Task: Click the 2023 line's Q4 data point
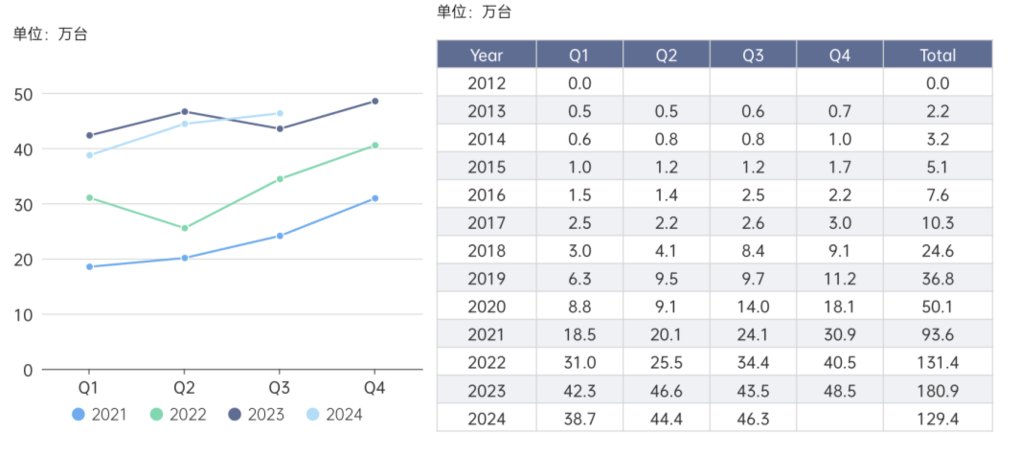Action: [375, 101]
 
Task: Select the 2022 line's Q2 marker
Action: [185, 228]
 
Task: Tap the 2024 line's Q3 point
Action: [280, 114]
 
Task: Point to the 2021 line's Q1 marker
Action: [90, 267]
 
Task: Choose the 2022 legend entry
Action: [178, 414]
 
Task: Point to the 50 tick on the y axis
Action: [23, 95]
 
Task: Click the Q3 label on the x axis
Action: [279, 388]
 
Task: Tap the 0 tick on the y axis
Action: [28, 370]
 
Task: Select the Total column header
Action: [937, 55]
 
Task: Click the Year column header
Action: [486, 55]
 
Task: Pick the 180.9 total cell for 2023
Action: [937, 391]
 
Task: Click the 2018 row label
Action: [486, 251]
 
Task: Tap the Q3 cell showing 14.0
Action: [753, 307]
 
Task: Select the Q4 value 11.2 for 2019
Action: [839, 279]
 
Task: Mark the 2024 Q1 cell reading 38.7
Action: [579, 419]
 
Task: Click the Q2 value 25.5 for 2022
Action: [666, 363]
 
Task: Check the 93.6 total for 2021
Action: [937, 334]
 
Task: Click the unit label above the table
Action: [474, 11]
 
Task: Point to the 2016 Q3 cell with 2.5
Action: [753, 195]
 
